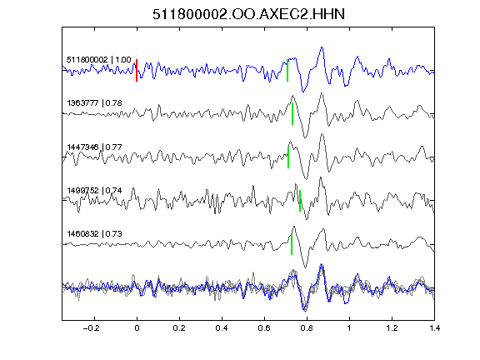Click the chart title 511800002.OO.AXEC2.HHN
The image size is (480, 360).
[x=248, y=14]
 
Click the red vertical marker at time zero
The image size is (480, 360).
[x=137, y=70]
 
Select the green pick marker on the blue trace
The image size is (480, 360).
[x=287, y=70]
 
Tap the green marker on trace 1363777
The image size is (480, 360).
[x=292, y=113]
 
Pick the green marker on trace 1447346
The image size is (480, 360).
[x=288, y=157]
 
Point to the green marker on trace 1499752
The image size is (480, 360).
[x=300, y=201]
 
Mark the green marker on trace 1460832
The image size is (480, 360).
[x=292, y=244]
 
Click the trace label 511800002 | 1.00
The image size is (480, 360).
[x=99, y=59]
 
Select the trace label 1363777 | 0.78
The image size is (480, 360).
[x=94, y=102]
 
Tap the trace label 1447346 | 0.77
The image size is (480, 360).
[x=94, y=147]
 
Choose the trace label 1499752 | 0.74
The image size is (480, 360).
[x=94, y=190]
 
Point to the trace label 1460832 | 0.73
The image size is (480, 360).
[x=94, y=234]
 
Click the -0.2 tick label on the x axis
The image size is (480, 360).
[x=92, y=328]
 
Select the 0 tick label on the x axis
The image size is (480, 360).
[x=137, y=328]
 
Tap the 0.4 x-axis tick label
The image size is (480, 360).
[x=222, y=328]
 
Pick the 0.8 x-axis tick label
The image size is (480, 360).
[x=307, y=328]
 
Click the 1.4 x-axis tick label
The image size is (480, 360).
[x=434, y=328]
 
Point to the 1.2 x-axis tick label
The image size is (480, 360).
[x=392, y=328]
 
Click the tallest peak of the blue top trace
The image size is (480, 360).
[x=322, y=47]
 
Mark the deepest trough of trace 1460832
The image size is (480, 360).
[x=305, y=267]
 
